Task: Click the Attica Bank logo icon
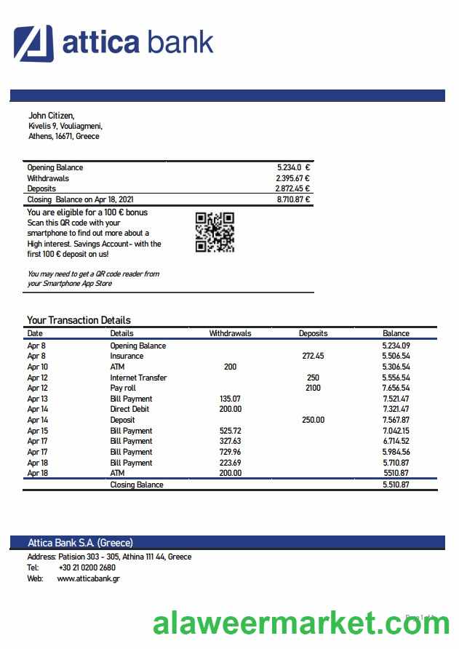click(x=33, y=43)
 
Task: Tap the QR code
click(x=215, y=232)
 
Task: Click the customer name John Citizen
click(x=51, y=115)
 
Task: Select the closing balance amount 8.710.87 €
click(x=293, y=199)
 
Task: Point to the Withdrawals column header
click(x=230, y=333)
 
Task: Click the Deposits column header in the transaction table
click(x=313, y=333)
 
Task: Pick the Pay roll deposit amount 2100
click(x=313, y=389)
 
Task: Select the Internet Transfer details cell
click(x=138, y=378)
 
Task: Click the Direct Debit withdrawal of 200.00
click(x=230, y=410)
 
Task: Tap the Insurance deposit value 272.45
click(x=313, y=357)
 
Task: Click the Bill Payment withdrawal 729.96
click(x=230, y=452)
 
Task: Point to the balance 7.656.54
click(x=396, y=389)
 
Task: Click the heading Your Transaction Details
click(x=79, y=320)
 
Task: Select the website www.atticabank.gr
click(x=88, y=578)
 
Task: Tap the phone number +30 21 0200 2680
click(x=87, y=568)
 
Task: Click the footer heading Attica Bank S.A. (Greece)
click(x=80, y=543)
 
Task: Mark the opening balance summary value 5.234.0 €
click(x=293, y=167)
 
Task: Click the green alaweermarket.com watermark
click(x=302, y=624)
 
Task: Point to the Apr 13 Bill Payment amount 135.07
click(x=230, y=399)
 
